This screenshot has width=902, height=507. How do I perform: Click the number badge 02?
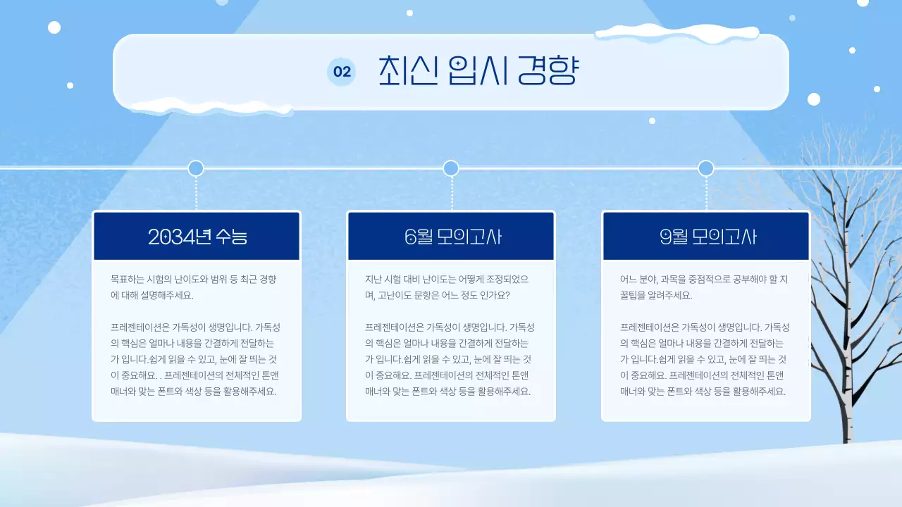[x=342, y=72]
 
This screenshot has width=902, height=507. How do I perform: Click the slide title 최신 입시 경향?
[x=478, y=70]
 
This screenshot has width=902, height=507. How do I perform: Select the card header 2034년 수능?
[x=197, y=237]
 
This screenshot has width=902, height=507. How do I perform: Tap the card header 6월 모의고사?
[x=452, y=237]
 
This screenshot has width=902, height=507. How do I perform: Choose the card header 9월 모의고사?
[x=707, y=237]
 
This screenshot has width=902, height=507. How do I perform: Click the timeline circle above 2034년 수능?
[x=196, y=168]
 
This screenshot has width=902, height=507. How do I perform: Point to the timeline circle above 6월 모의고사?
[x=451, y=168]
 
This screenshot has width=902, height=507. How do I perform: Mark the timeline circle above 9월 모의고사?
[x=706, y=168]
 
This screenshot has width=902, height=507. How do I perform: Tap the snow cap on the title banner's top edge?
[x=676, y=32]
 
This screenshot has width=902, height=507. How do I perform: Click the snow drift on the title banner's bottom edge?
[x=211, y=106]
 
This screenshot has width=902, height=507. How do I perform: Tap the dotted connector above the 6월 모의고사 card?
[x=451, y=193]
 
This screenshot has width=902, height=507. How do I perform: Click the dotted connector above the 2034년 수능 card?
[x=196, y=193]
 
